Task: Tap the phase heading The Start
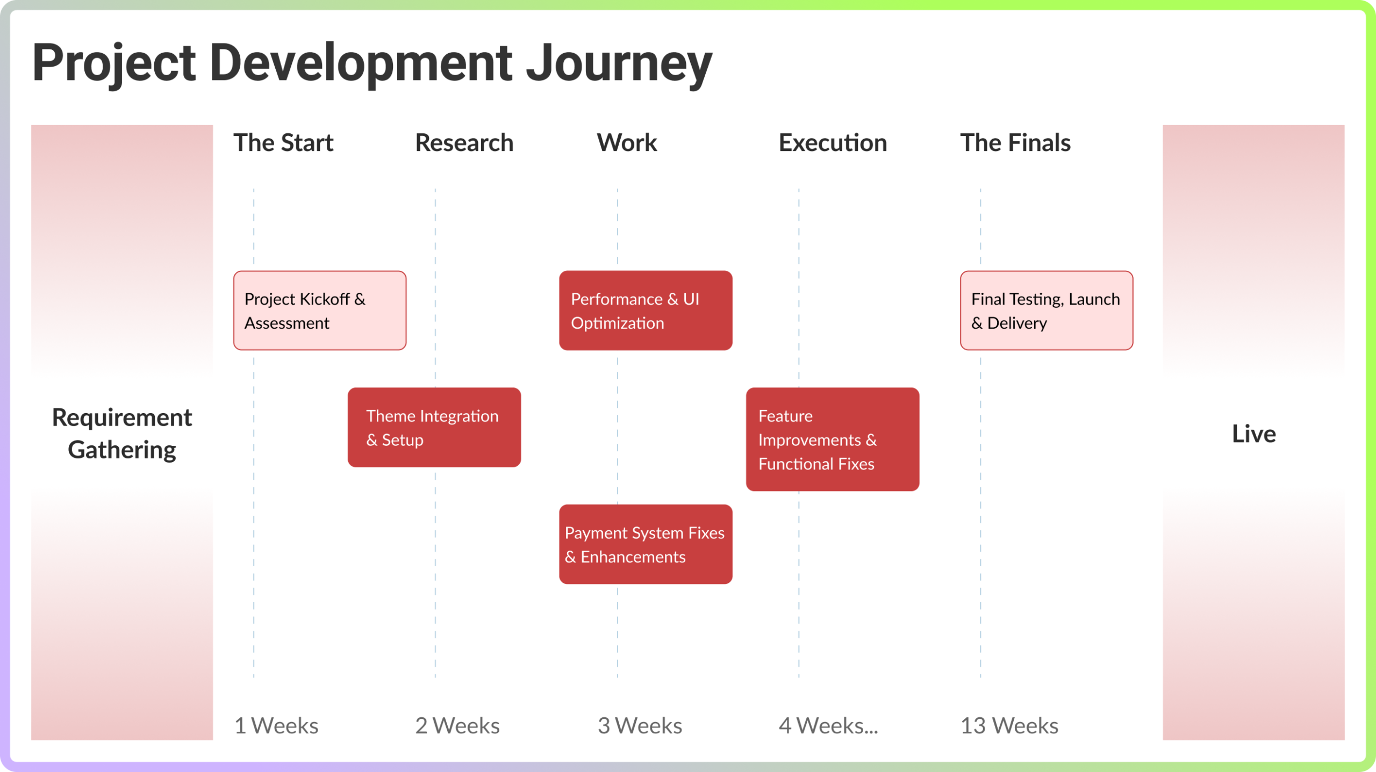[283, 143]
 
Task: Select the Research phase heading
[464, 143]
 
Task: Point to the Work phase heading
[627, 143]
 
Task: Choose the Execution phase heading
[833, 143]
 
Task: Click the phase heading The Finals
[1015, 143]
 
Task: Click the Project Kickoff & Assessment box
[320, 311]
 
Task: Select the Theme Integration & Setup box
[434, 428]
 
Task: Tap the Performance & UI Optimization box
[646, 311]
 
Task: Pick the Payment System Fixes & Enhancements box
[646, 544]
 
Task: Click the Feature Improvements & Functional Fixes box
[833, 439]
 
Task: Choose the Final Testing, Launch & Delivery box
[1047, 311]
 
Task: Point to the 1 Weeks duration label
[276, 726]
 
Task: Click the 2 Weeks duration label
[457, 726]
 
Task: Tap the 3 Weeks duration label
[640, 726]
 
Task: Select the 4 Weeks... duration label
[828, 726]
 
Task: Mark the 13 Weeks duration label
[1009, 726]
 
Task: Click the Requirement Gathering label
[122, 434]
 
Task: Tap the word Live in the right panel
[1253, 434]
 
